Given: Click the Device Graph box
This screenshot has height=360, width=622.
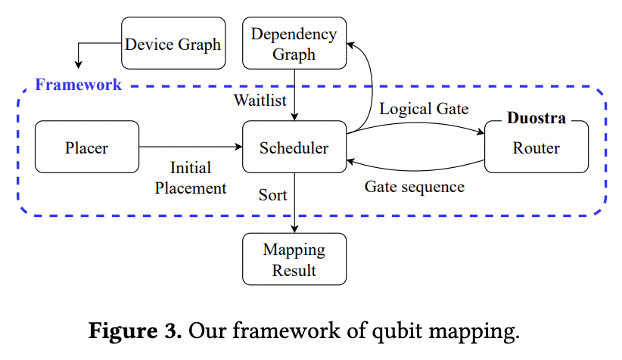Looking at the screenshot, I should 173,43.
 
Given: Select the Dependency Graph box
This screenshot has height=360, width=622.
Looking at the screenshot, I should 294,43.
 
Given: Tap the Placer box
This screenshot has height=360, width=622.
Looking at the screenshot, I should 87,147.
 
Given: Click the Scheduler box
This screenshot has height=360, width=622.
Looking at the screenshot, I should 294,147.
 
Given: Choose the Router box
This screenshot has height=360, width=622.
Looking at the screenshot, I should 536,147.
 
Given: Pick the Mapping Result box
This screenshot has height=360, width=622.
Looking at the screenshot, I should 294,259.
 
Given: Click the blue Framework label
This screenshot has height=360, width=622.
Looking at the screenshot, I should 78,84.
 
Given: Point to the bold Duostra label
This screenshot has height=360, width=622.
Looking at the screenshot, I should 536,119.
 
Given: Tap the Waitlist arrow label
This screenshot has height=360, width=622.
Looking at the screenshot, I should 260,100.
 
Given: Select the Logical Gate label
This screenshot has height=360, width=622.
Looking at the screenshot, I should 424,108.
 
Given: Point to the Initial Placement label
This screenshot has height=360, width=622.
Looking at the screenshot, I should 191,178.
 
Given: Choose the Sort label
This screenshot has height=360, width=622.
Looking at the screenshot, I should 272,194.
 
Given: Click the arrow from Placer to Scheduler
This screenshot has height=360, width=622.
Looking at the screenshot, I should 189,147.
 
